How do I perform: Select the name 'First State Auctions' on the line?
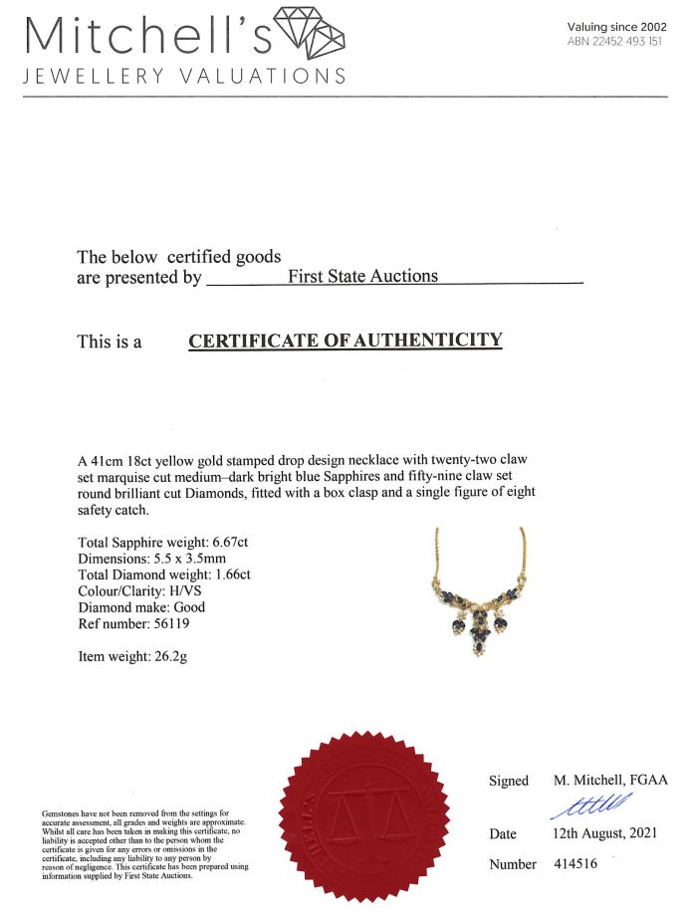click(x=362, y=276)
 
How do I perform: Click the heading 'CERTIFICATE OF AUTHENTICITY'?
click(x=346, y=341)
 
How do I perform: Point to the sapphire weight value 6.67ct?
click(x=231, y=542)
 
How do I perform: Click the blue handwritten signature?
click(x=591, y=804)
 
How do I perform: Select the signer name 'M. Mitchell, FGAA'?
click(x=611, y=781)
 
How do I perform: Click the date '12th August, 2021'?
click(x=607, y=832)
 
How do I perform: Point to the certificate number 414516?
click(x=576, y=863)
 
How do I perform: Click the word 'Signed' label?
click(x=509, y=782)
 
